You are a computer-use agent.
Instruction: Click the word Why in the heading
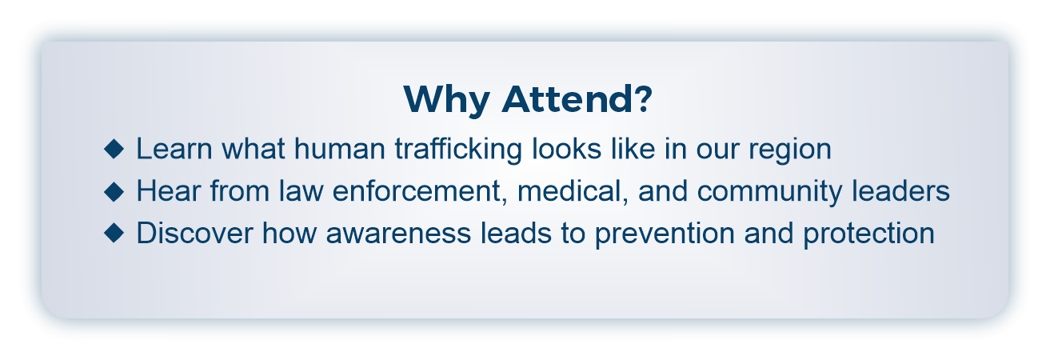[447, 99]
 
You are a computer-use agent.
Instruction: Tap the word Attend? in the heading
[577, 98]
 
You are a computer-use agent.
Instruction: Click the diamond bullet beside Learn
[114, 149]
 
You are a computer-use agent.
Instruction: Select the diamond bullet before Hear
[114, 191]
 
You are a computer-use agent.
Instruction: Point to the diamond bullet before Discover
[114, 233]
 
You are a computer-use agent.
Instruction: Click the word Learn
[174, 149]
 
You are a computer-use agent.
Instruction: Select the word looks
[567, 149]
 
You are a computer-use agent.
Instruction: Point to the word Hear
[169, 191]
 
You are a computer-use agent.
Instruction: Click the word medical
[573, 192]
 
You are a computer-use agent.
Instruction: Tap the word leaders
[900, 191]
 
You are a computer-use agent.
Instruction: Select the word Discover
[194, 233]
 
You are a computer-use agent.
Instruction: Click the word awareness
[398, 234]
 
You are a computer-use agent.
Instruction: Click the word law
[301, 191]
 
